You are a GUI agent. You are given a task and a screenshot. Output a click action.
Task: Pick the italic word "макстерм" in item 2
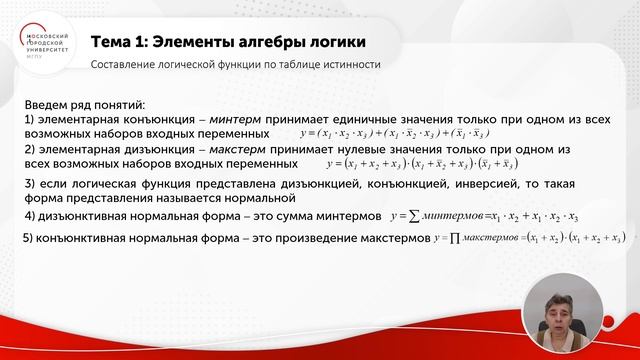click(x=248, y=148)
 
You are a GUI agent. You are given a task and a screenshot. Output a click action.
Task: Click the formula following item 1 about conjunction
click(x=400, y=133)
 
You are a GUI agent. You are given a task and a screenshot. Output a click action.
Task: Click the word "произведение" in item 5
click(x=302, y=239)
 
